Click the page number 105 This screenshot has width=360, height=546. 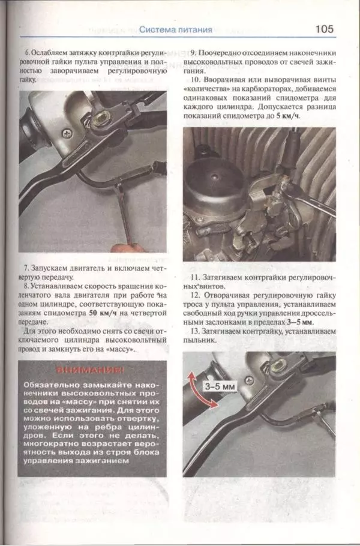(x=323, y=29)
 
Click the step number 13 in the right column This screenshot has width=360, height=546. (x=194, y=331)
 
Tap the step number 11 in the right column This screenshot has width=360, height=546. (x=194, y=278)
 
